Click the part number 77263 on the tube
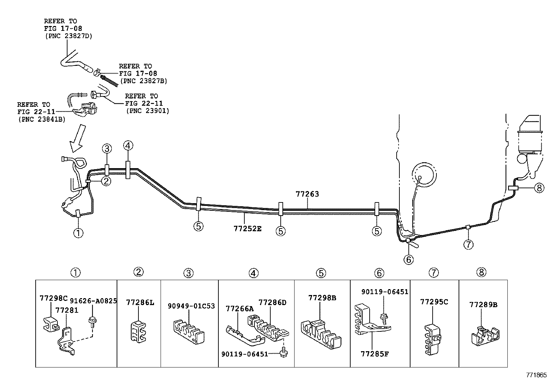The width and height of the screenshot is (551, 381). click(307, 194)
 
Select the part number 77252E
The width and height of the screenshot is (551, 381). click(247, 228)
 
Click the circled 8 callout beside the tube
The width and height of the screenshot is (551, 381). click(539, 188)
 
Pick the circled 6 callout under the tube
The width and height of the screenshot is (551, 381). click(409, 259)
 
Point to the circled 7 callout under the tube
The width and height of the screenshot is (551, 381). click(468, 244)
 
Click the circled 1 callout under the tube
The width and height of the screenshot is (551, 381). click(78, 232)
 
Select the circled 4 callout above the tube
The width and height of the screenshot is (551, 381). click(128, 146)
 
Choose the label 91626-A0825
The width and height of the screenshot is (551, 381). click(93, 301)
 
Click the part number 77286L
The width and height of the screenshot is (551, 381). click(140, 303)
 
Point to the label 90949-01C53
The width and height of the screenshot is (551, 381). click(191, 306)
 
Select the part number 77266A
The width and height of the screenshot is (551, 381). click(240, 309)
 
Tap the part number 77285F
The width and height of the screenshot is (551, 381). click(374, 354)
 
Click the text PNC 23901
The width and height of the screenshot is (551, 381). click(147, 111)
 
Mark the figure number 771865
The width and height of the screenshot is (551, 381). click(536, 375)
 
